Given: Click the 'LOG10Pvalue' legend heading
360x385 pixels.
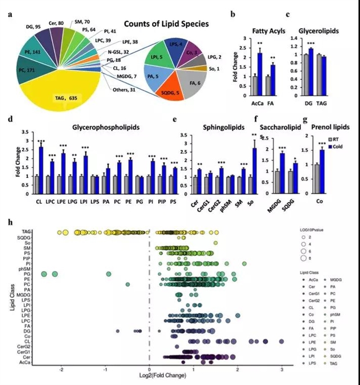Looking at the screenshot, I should pos(314,230).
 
